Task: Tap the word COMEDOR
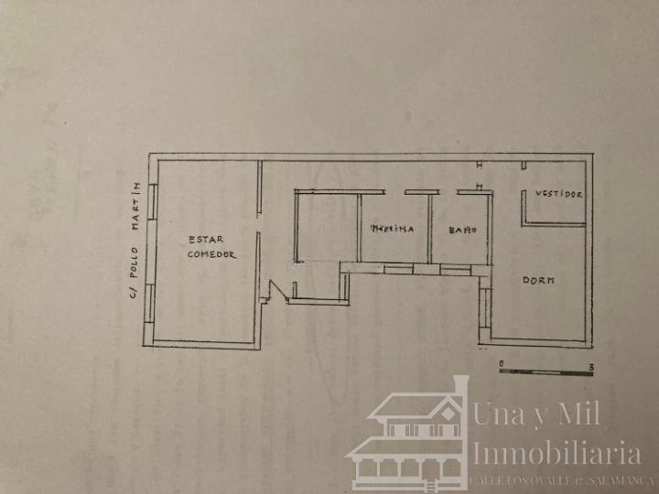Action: [211, 254]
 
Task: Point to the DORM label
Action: [538, 281]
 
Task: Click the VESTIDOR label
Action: [558, 195]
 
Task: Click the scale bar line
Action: [546, 372]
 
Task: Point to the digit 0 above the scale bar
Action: [501, 363]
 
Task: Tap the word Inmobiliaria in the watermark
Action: [556, 453]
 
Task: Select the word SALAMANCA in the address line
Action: [623, 479]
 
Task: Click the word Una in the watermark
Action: [499, 414]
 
